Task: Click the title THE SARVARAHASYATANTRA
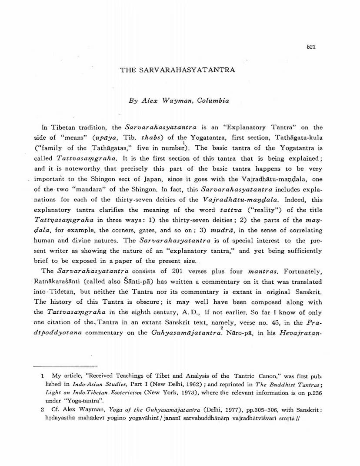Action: pos(178,70)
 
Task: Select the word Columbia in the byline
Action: pos(213,100)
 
